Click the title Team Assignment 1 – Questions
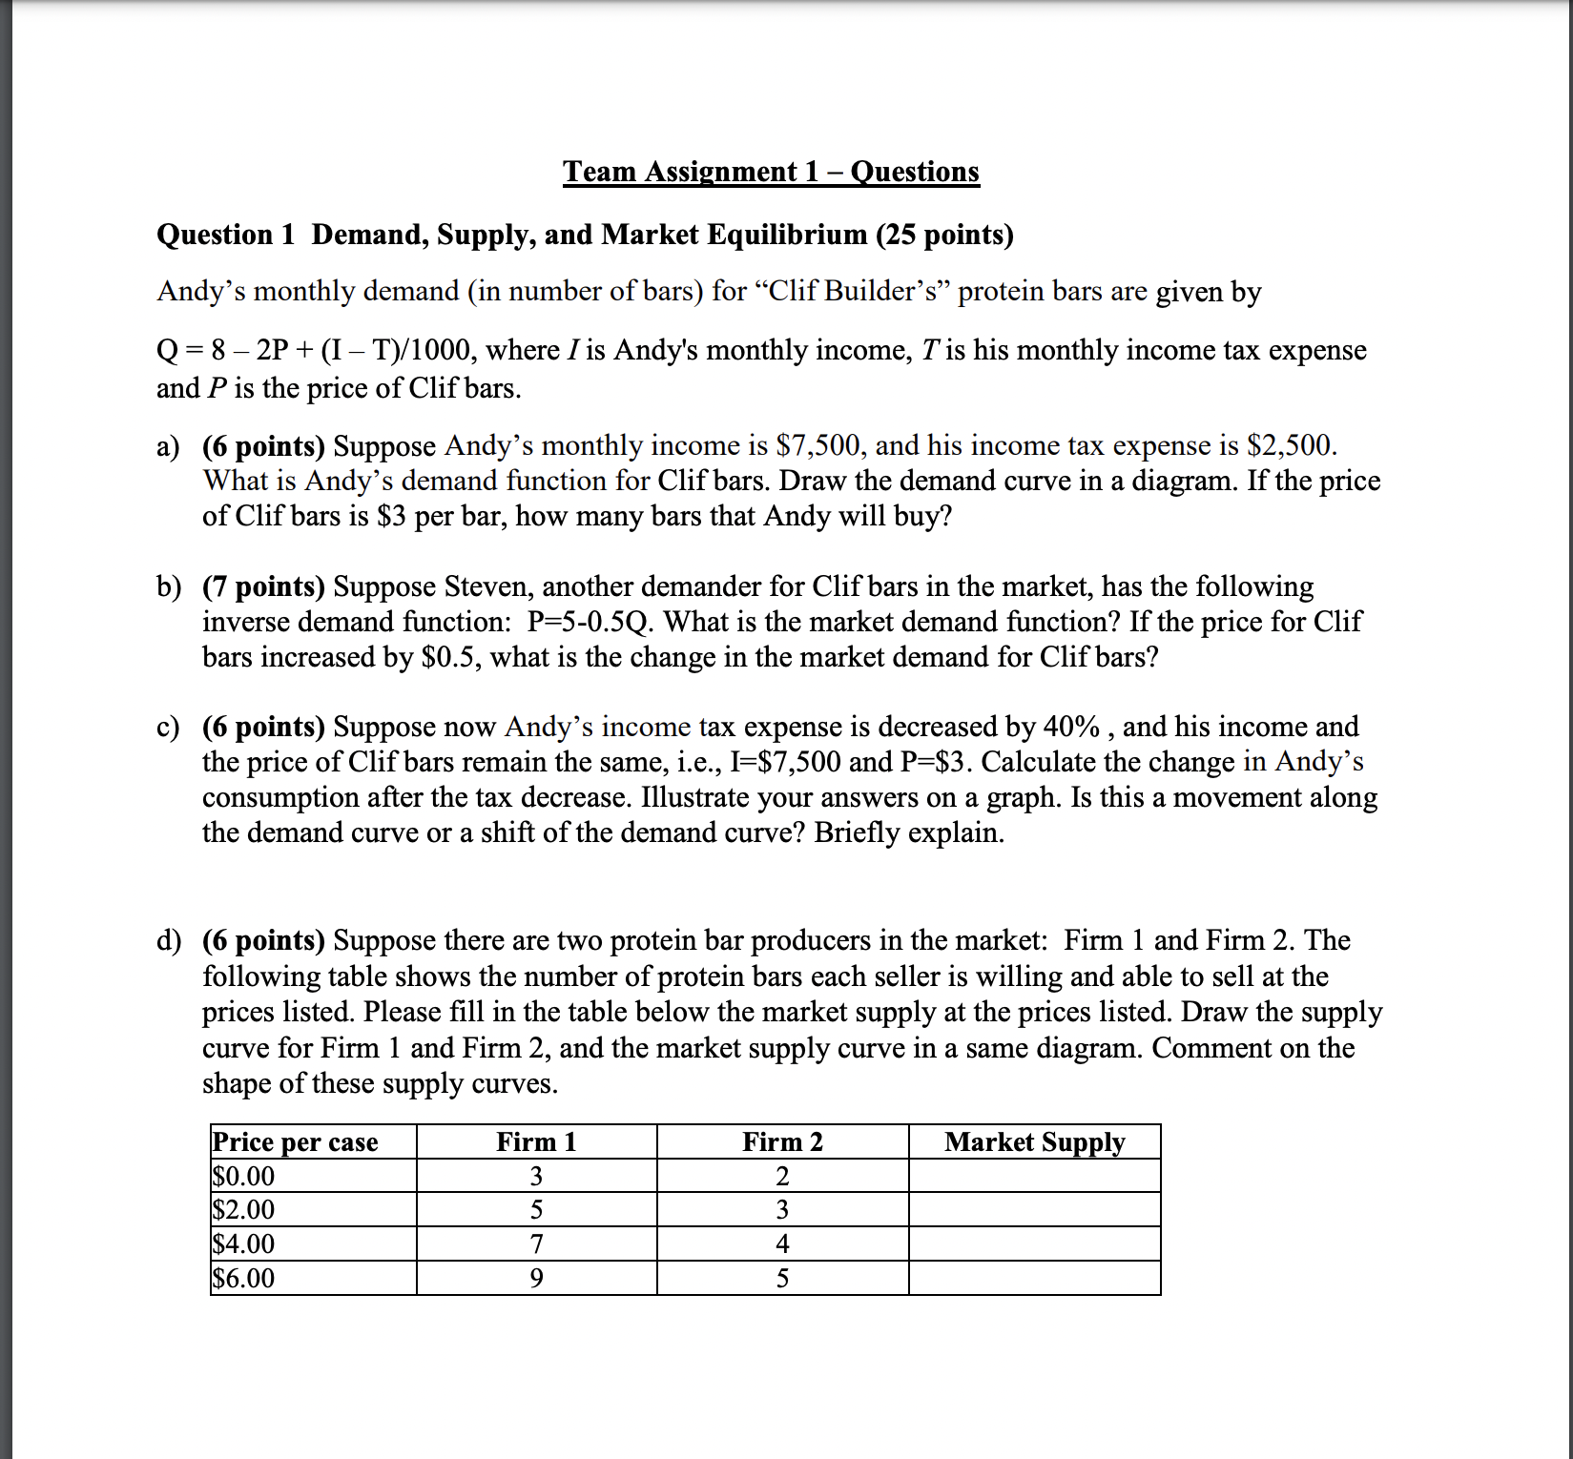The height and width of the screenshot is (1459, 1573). point(771,172)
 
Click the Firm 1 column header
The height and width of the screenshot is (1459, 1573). point(536,1141)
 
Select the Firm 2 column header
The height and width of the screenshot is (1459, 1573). point(782,1141)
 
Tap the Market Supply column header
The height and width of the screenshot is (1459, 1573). point(1034,1141)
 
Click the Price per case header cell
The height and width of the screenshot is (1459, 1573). point(295,1141)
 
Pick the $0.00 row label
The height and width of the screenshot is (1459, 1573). point(243,1176)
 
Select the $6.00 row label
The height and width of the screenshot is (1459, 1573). point(243,1278)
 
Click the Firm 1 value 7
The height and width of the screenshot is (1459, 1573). point(536,1243)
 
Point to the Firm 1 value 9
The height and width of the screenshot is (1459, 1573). point(536,1278)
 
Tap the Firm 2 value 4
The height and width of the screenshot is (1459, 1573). point(782,1243)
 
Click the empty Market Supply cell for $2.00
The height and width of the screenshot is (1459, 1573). point(1034,1209)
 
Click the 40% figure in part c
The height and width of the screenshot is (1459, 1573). point(1071,727)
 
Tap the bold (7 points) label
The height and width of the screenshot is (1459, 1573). point(263,586)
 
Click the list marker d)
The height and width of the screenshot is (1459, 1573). point(168,940)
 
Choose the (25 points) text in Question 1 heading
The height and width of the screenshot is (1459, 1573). point(944,235)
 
